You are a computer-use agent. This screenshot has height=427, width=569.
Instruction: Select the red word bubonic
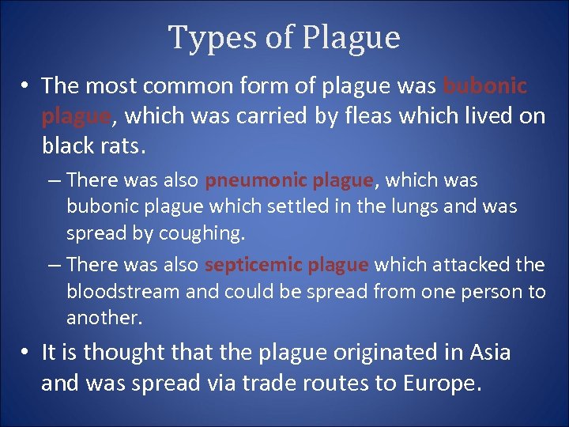tap(484, 85)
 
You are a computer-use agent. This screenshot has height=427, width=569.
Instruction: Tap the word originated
tap(372, 352)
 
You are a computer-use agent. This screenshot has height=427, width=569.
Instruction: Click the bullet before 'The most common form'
tap(26, 85)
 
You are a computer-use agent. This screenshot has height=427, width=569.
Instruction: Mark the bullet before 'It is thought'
tap(26, 352)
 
